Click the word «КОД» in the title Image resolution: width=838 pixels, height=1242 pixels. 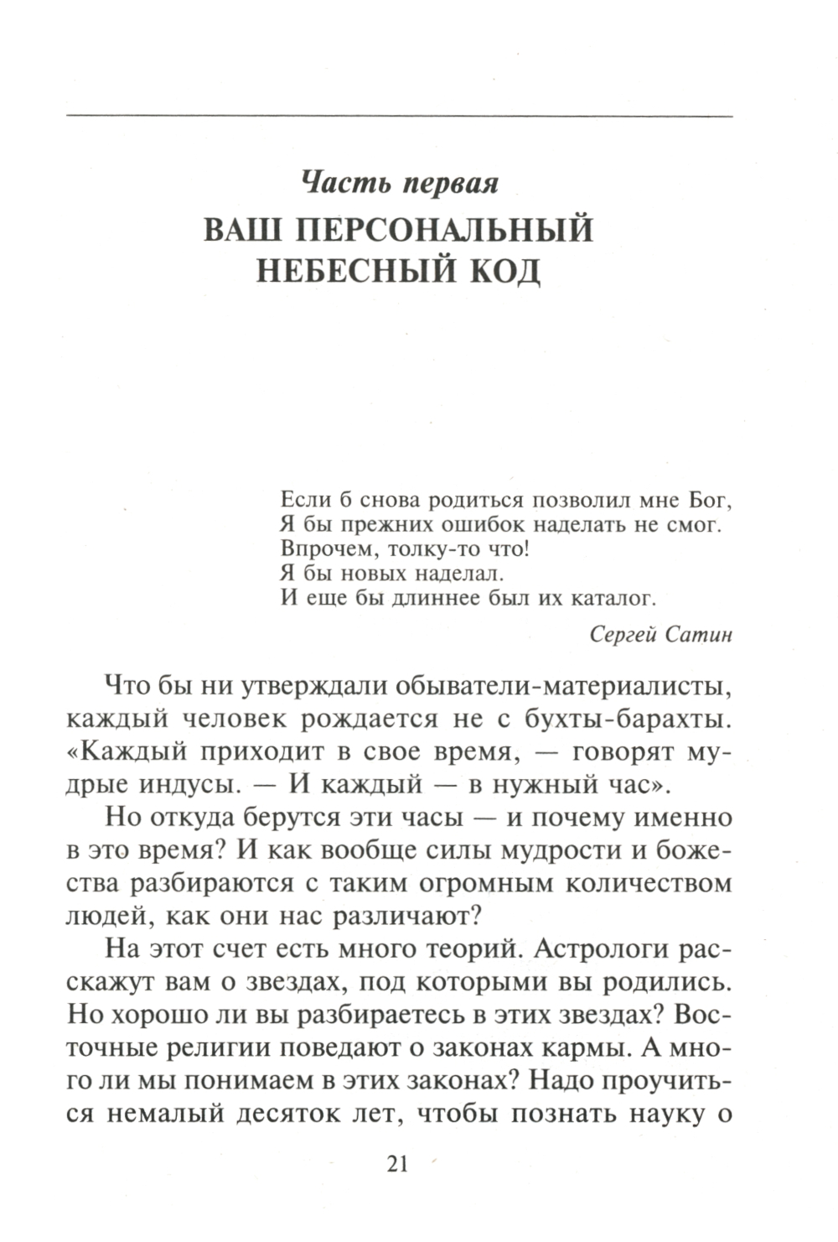[x=502, y=272]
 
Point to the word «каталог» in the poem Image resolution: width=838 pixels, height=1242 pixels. [x=612, y=598]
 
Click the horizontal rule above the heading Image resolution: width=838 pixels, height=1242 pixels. [x=399, y=115]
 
